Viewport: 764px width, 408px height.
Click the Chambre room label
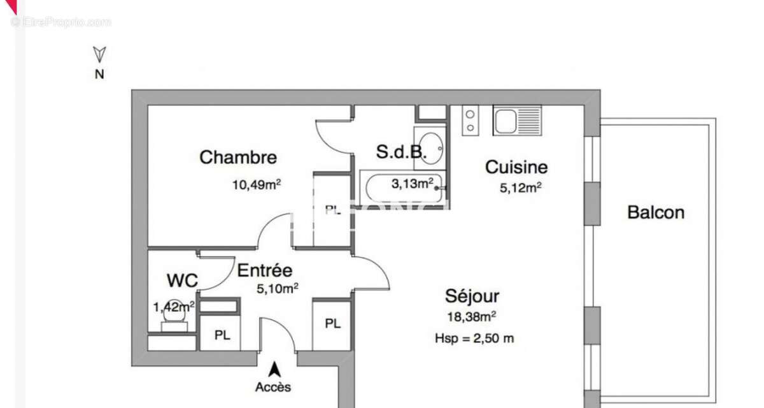238,157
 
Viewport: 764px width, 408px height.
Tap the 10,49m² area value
257,186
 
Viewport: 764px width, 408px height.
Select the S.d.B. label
400,152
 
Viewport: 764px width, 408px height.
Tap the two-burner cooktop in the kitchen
470,120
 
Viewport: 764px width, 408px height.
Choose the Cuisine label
516,167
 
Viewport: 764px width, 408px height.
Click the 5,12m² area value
521,187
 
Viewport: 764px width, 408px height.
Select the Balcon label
656,212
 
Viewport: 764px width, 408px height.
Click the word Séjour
472,296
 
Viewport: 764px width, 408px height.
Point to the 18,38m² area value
472,315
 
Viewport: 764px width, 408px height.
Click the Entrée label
265,270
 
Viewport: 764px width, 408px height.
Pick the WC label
182,280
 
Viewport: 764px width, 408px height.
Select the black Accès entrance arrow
275,368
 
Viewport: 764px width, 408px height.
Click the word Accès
273,387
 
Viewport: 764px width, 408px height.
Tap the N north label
99,73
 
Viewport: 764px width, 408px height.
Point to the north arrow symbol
99,54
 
